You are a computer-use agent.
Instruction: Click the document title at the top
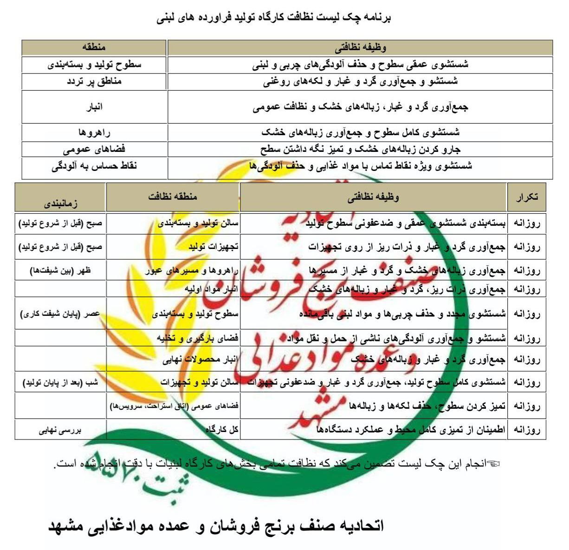[x=274, y=18]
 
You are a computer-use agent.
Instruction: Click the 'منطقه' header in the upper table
[x=94, y=47]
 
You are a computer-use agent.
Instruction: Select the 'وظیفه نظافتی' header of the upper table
[x=360, y=47]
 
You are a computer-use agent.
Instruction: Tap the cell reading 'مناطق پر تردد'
[x=94, y=81]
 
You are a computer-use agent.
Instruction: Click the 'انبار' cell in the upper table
[x=94, y=107]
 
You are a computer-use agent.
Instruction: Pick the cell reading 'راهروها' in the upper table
[x=94, y=133]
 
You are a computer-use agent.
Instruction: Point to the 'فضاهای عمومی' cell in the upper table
[x=94, y=149]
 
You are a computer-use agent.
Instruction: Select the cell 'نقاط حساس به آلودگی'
[x=94, y=166]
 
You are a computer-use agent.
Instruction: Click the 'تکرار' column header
[x=527, y=197]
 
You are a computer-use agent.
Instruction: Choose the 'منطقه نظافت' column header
[x=173, y=196]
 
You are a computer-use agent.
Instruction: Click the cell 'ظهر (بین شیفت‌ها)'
[x=61, y=270]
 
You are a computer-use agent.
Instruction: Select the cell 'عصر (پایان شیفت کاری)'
[x=61, y=314]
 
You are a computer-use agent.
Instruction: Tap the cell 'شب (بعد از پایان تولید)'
[x=61, y=383]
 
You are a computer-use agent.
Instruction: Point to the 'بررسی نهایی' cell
[x=61, y=430]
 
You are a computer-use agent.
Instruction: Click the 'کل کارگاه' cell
[x=222, y=430]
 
